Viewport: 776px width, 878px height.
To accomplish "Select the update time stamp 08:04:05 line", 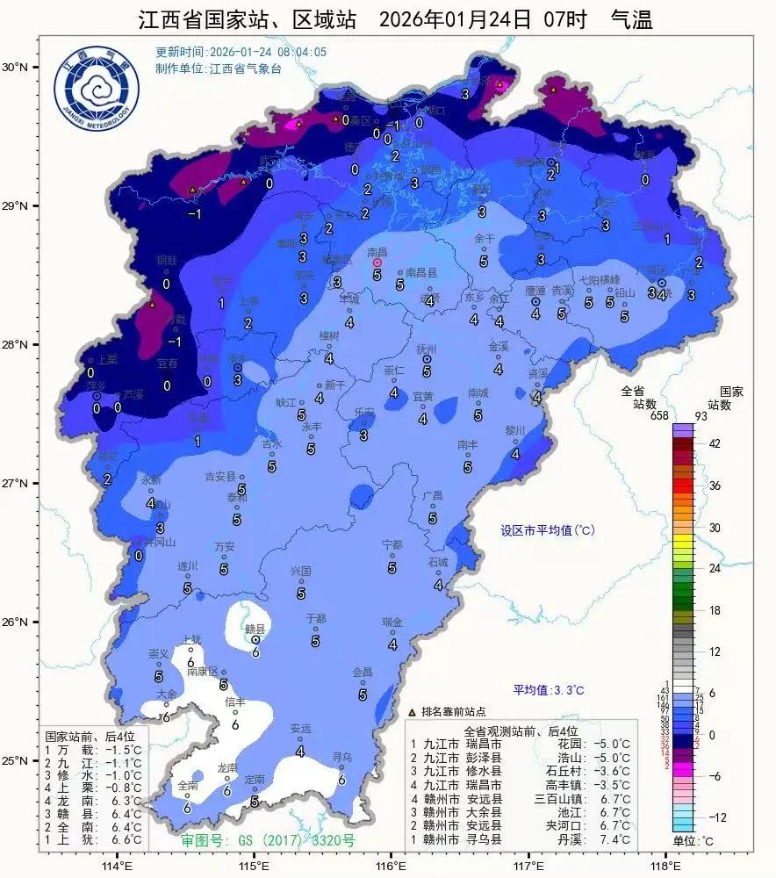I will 241,52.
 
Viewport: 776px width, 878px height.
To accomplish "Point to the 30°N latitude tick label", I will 15,67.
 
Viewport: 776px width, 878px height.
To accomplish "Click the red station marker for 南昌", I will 377,263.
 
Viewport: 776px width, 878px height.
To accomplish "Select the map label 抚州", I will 427,348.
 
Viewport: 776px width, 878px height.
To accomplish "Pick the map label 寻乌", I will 341,756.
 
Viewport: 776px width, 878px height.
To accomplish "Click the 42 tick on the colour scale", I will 715,444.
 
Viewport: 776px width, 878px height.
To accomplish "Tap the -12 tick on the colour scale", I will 717,817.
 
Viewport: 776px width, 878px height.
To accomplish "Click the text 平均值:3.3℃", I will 549,690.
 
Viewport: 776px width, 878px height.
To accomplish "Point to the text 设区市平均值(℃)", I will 548,530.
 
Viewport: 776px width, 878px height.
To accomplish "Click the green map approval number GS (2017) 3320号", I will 268,840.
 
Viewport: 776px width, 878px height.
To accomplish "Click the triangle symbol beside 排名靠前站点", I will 413,711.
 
